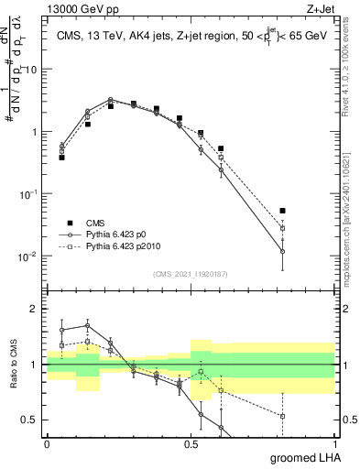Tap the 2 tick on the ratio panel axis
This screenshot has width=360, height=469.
pos(35,310)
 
